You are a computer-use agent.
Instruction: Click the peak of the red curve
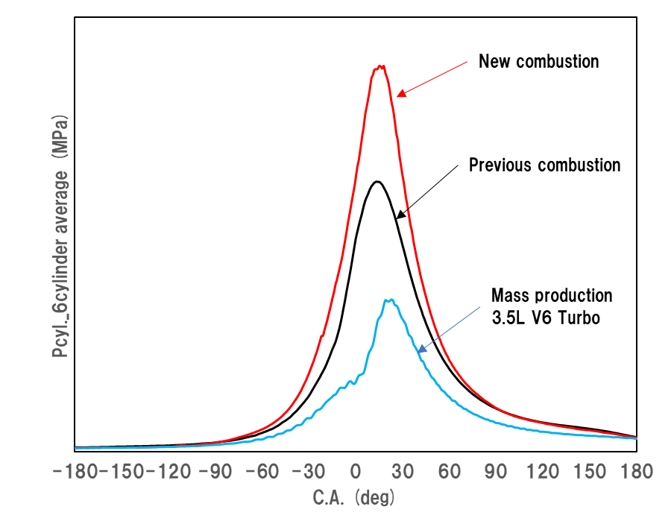[x=380, y=66]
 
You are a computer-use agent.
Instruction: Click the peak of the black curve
[x=378, y=182]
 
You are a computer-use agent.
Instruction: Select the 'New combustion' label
[x=538, y=61]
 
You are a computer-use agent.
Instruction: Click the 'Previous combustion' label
[x=544, y=165]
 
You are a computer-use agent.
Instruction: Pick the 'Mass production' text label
[x=552, y=295]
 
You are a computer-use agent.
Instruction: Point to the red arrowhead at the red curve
[x=400, y=94]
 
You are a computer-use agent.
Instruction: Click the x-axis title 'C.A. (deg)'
[x=353, y=497]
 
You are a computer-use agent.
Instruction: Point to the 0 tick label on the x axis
[x=356, y=472]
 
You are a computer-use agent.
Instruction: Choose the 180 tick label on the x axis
[x=637, y=472]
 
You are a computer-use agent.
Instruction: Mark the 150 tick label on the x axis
[x=590, y=472]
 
